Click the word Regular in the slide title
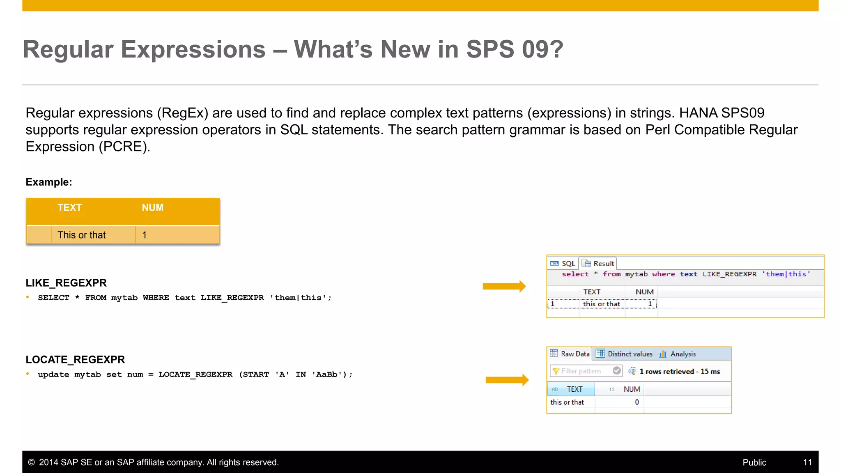(x=68, y=50)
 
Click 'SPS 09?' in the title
(x=515, y=50)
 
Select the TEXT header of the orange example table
(x=69, y=208)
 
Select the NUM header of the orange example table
(x=152, y=208)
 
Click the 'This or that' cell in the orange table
(x=81, y=235)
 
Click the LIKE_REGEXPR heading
(x=66, y=283)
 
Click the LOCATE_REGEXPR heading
(x=75, y=360)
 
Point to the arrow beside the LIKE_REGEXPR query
(x=504, y=286)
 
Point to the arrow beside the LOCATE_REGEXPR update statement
(x=507, y=380)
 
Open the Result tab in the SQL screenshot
(x=599, y=264)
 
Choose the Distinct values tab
(x=625, y=354)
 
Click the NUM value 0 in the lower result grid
(x=636, y=402)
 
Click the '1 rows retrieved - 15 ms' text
(x=679, y=372)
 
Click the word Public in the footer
(x=754, y=462)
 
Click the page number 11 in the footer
(x=807, y=462)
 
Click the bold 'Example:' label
(x=49, y=182)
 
